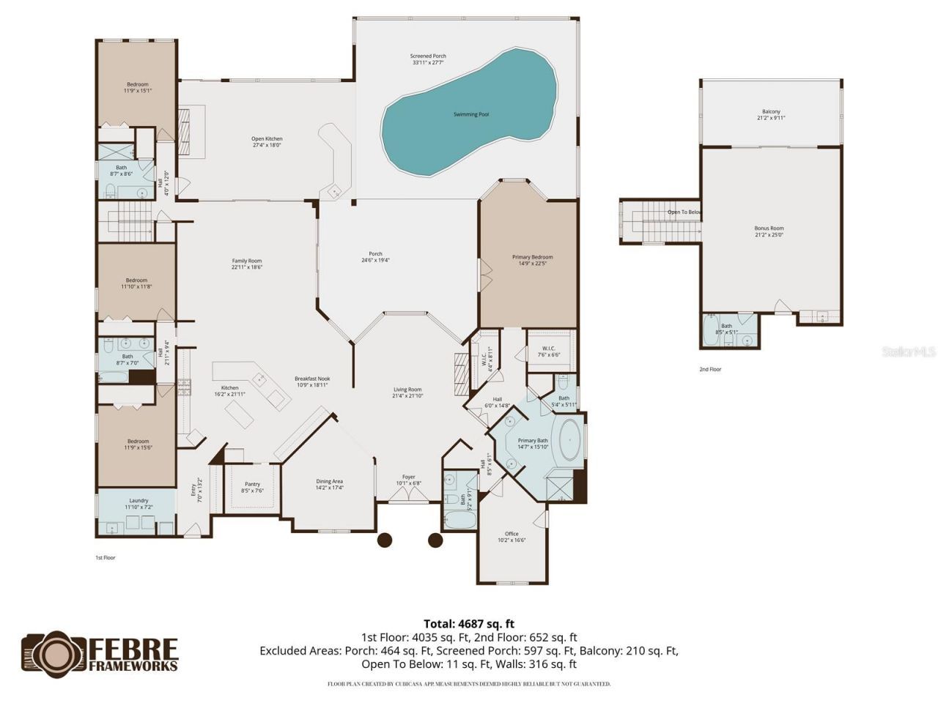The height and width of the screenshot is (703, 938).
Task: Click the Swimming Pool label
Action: click(x=470, y=114)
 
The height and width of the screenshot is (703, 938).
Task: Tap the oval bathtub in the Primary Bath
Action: click(x=571, y=441)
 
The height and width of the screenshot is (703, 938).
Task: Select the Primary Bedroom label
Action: click(x=532, y=257)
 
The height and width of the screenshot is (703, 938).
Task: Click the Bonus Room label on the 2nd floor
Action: click(x=769, y=228)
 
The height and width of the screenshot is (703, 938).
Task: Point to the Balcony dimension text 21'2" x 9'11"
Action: click(x=771, y=118)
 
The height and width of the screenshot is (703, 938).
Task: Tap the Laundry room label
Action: click(x=139, y=501)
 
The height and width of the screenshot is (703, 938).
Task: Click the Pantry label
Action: click(x=252, y=484)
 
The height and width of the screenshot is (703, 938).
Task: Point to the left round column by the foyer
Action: click(x=384, y=540)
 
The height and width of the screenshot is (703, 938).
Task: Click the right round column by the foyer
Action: click(x=435, y=540)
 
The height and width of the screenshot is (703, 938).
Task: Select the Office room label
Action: click(x=512, y=534)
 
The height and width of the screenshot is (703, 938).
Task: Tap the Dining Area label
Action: click(x=329, y=481)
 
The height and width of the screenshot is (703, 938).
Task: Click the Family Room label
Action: click(x=246, y=261)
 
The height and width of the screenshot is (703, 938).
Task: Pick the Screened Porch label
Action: click(x=428, y=56)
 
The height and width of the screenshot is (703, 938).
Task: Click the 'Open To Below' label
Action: click(x=684, y=212)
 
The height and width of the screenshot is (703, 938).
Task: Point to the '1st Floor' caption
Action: click(x=106, y=557)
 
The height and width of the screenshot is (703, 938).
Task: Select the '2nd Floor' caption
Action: click(x=710, y=369)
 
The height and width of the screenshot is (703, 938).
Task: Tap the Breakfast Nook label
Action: click(x=312, y=379)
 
